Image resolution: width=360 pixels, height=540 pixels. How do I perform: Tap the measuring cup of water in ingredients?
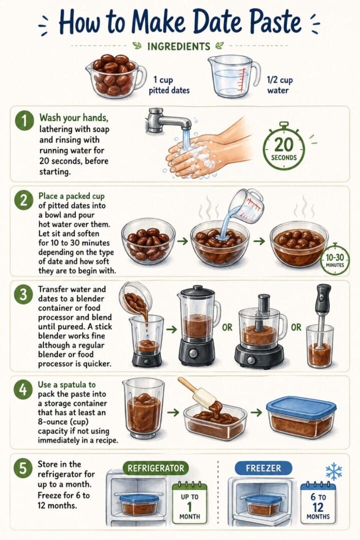coord(232,76)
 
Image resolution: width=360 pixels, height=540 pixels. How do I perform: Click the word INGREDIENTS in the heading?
coord(178,46)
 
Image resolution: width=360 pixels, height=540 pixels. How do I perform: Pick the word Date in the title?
coord(204,22)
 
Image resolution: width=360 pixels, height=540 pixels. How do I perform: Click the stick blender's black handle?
coord(323,299)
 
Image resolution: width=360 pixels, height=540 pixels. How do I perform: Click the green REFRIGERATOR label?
coord(156,468)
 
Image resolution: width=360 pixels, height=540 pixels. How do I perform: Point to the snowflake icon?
coord(333,471)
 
